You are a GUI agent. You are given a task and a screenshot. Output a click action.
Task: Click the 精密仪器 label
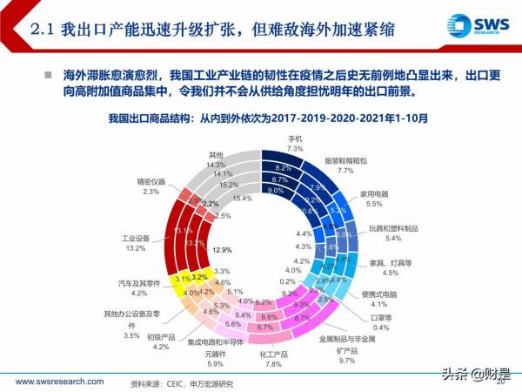pyautogui.click(x=152, y=180)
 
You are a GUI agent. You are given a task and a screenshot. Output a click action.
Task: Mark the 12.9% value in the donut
pyautogui.click(x=224, y=249)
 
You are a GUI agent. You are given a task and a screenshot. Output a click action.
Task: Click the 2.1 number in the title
pyautogui.click(x=43, y=31)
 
